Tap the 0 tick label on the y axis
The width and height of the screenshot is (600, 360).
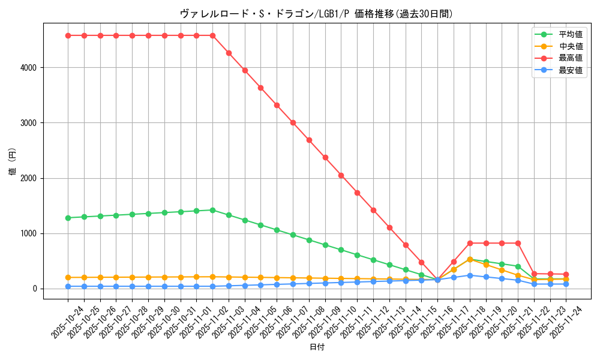35,289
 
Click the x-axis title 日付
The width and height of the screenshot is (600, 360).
317,347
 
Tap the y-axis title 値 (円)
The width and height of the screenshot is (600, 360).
13,161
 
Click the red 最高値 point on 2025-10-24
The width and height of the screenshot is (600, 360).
68,35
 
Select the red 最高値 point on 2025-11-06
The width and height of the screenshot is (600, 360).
277,105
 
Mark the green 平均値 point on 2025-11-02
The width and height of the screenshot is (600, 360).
212,210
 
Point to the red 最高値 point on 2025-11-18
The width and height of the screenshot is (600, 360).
470,243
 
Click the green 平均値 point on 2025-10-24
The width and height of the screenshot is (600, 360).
68,218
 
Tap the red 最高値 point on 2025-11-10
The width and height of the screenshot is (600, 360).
341,175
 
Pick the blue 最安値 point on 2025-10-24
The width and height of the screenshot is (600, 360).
68,286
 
